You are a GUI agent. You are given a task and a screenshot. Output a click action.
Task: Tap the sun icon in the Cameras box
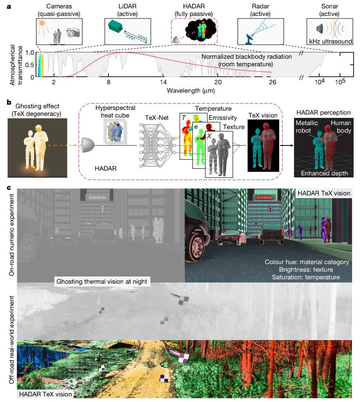pyautogui.click(x=42, y=24)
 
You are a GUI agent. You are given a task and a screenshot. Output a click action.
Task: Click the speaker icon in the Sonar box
pyautogui.click(x=320, y=29)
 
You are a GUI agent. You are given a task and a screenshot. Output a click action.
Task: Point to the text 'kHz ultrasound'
pyautogui.click(x=330, y=41)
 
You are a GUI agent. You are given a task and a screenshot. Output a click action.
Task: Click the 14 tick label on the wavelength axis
pyautogui.click(x=163, y=82)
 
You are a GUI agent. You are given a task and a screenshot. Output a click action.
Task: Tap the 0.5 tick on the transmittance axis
pyautogui.click(x=30, y=65)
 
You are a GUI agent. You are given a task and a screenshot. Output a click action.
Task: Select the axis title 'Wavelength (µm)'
pyautogui.click(x=191, y=90)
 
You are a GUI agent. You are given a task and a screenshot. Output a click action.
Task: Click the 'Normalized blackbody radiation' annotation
pyautogui.click(x=246, y=56)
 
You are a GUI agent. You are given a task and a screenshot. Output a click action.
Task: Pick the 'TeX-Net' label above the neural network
pyautogui.click(x=156, y=117)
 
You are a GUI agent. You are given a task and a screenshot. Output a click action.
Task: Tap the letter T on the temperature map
pyautogui.click(x=184, y=117)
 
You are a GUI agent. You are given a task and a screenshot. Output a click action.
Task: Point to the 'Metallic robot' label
pyautogui.click(x=307, y=127)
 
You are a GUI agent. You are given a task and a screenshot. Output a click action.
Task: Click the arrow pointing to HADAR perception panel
pyautogui.click(x=286, y=145)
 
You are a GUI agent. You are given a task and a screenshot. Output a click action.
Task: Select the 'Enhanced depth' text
pyautogui.click(x=324, y=173)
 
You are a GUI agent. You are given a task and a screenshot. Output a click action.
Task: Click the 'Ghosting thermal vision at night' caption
pyautogui.click(x=102, y=281)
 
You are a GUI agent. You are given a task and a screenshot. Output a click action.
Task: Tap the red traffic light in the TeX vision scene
pyautogui.click(x=270, y=209)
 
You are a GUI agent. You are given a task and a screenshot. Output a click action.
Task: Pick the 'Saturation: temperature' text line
pyautogui.click(x=306, y=277)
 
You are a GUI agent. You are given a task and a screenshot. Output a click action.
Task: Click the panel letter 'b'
pyautogui.click(x=9, y=102)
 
